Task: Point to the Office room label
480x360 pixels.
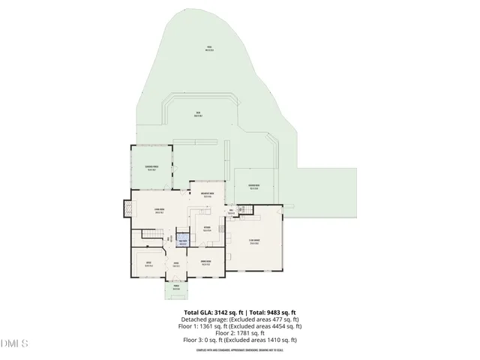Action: [148, 262]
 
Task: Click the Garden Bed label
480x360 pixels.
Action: [253, 187]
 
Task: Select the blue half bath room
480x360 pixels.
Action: [182, 242]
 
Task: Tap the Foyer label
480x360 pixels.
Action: [176, 263]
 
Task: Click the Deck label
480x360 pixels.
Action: [199, 115]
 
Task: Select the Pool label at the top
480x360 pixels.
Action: [211, 49]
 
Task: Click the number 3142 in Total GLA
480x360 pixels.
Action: [224, 312]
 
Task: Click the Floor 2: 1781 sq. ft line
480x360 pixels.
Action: [240, 333]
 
